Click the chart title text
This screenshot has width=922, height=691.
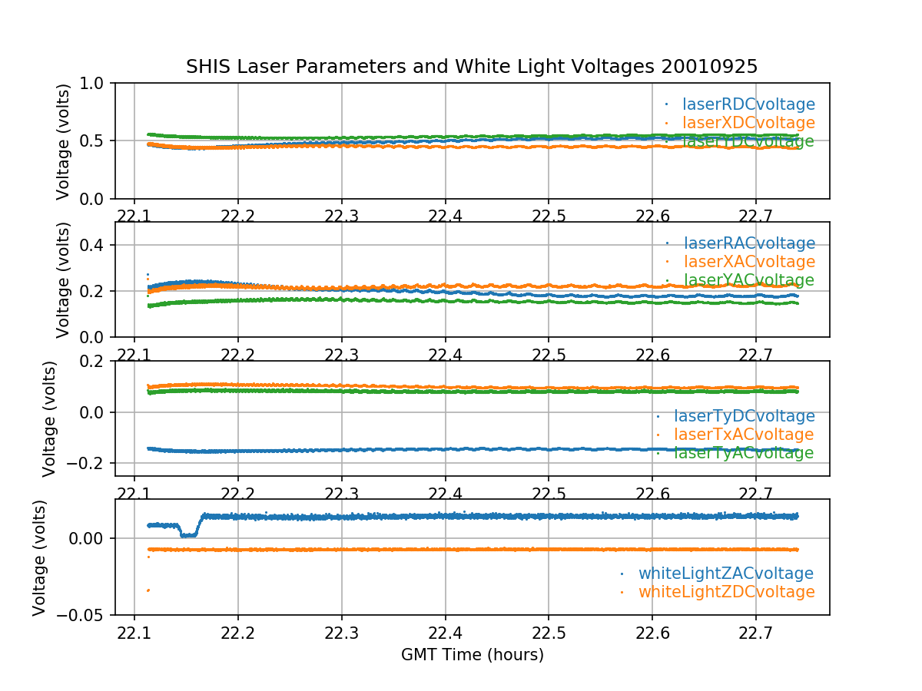tap(472, 67)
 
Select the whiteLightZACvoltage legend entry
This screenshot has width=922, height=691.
tap(726, 574)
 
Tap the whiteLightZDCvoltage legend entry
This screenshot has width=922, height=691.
tap(726, 592)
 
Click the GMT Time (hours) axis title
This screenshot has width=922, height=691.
tap(472, 655)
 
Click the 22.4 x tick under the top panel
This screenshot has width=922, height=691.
tap(445, 214)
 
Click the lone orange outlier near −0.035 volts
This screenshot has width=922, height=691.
tap(148, 590)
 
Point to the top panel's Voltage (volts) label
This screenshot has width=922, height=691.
tap(63, 141)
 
